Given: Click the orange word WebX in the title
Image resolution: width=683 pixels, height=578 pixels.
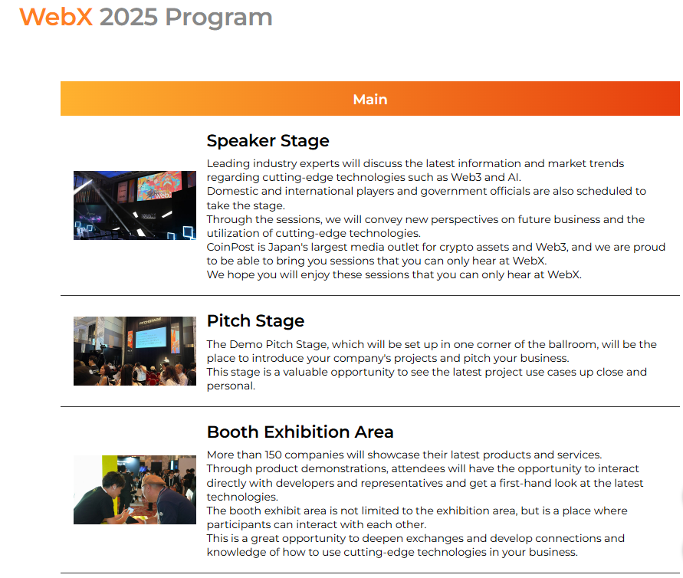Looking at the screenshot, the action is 56,18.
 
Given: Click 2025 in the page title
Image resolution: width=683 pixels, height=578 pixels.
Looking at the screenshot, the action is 129,18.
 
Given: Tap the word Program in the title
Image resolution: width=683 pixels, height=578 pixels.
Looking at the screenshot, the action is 218,18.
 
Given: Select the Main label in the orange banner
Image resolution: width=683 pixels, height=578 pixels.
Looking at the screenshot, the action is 370,100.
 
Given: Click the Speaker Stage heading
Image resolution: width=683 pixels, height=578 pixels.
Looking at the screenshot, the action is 268,141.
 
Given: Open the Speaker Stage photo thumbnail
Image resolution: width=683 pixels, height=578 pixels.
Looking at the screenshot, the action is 135,205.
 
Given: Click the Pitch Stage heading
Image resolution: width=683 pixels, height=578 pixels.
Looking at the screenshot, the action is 256,321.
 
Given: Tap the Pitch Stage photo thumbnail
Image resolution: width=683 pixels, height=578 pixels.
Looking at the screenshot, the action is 135,351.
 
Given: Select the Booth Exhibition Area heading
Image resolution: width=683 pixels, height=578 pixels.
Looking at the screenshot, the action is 300,432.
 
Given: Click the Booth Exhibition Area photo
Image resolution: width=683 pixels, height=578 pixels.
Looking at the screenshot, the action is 135,490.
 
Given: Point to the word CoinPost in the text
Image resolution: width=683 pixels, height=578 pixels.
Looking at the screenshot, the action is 231,247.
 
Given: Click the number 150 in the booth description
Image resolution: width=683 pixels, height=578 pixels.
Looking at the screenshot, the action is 273,455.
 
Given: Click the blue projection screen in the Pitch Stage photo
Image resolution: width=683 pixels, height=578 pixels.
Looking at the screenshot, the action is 151,337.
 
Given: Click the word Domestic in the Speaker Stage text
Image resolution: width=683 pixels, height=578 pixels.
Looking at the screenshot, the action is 231,191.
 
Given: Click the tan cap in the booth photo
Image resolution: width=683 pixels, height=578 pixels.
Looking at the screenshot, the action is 154,480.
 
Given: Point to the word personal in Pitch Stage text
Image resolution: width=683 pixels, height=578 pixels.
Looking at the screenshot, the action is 231,386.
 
